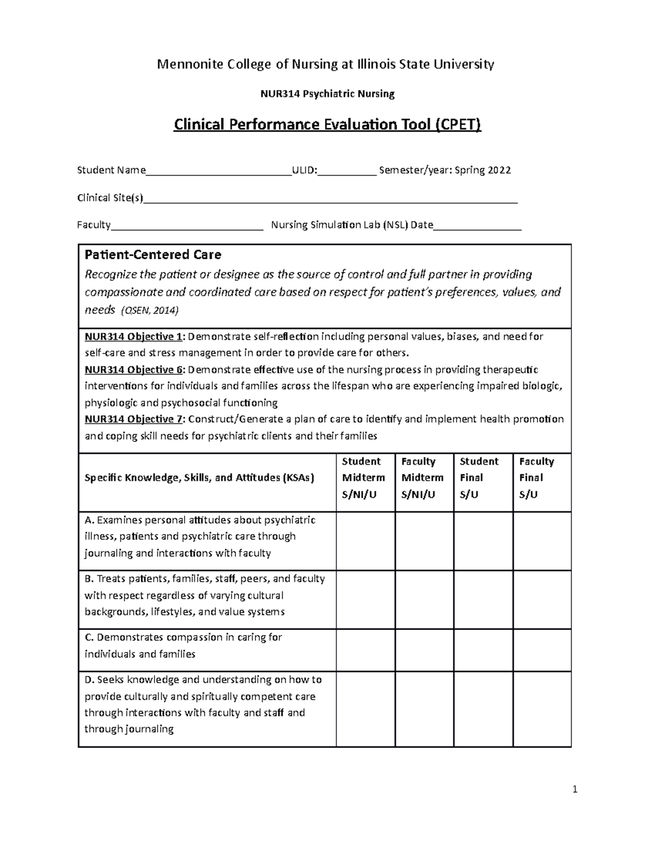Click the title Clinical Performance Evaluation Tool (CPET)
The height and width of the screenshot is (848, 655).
pos(327,125)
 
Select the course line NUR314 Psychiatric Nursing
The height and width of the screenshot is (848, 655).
pos(327,94)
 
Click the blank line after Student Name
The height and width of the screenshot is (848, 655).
pos(219,171)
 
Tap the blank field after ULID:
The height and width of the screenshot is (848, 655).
pos(347,171)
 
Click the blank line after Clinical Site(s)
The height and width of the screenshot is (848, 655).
pos(330,199)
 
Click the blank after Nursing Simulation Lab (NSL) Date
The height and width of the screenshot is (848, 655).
pos(477,226)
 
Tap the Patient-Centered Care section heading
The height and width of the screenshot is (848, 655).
pos(153,255)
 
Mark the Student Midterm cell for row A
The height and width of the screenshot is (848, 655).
pos(365,541)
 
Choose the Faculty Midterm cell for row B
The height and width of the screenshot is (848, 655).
pos(424,600)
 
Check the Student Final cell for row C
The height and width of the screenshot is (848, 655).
pos(483,650)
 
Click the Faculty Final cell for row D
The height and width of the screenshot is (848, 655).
pos(541,709)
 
